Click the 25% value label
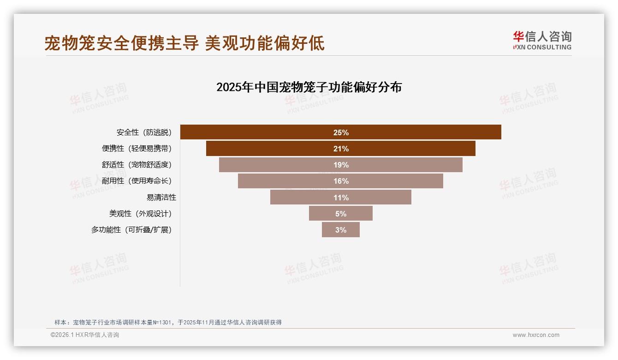point(341,132)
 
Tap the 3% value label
point(341,230)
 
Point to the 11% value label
point(341,198)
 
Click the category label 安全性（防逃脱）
point(144,132)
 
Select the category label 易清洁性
point(161,198)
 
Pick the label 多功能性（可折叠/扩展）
point(131,230)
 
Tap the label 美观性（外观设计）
point(140,214)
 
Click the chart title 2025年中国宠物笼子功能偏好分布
point(309,87)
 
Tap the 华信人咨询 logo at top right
point(542,40)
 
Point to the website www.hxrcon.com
point(536,335)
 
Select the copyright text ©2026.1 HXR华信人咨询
point(85,335)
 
